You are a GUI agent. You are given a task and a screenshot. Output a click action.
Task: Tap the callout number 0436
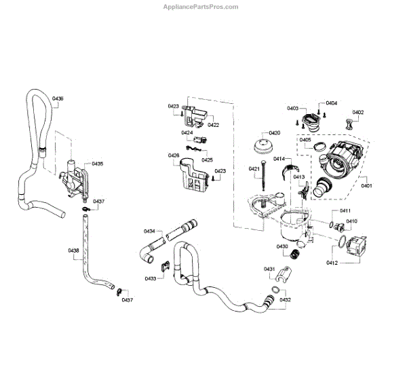click(58, 99)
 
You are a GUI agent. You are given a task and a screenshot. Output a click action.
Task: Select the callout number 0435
click(98, 164)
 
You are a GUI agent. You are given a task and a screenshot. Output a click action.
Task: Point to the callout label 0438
click(74, 251)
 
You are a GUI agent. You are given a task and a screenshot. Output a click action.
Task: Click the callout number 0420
click(274, 133)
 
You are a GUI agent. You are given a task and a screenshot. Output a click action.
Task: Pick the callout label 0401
click(366, 185)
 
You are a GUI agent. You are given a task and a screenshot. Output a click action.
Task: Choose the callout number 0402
click(357, 113)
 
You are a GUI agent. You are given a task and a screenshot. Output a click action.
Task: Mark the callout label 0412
click(332, 262)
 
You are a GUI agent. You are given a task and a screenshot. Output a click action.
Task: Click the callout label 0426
click(174, 155)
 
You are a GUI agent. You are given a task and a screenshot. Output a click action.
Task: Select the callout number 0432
click(286, 299)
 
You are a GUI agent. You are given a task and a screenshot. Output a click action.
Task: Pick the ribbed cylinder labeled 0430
click(295, 257)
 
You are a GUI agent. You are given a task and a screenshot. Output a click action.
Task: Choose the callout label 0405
click(306, 140)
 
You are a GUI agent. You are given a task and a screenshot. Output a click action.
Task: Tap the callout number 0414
click(279, 158)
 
